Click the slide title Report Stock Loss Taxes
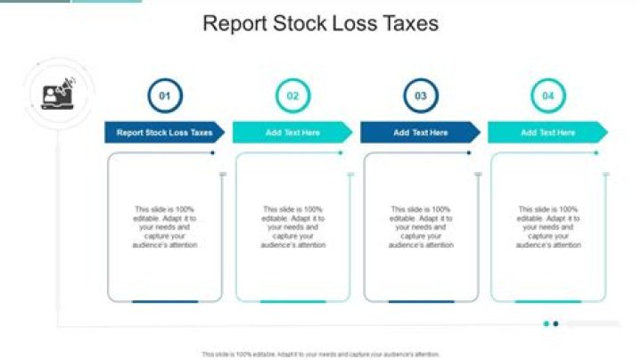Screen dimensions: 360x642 [x=321, y=24]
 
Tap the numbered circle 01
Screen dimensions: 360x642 [x=164, y=94]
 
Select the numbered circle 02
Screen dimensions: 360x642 [x=292, y=94]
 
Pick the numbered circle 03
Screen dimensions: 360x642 [x=420, y=94]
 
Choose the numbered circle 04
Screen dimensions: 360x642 [x=547, y=94]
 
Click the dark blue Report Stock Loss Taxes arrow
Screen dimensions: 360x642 [x=165, y=133]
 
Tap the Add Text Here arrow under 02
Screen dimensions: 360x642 [x=292, y=133]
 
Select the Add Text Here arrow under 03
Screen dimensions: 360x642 [x=420, y=133]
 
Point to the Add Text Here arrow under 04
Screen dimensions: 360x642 [x=547, y=133]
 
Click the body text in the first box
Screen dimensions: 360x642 [x=165, y=226]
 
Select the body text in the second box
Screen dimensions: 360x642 [x=293, y=226]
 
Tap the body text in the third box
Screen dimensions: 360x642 [x=421, y=226]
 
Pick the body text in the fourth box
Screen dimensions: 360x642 [x=548, y=226]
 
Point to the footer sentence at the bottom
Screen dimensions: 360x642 [x=321, y=354]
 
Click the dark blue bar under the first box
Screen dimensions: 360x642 [x=165, y=302]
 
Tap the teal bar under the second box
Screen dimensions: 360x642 [x=292, y=302]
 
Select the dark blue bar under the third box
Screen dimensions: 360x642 [x=421, y=302]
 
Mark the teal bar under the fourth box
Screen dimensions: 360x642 [x=548, y=302]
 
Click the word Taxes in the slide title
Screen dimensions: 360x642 [x=409, y=24]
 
